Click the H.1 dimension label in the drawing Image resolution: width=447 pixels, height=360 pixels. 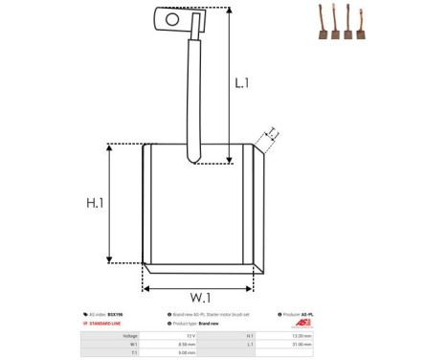(x=95, y=203)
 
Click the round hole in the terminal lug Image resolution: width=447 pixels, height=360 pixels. (x=172, y=17)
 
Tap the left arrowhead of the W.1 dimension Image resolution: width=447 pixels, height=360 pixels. (x=146, y=286)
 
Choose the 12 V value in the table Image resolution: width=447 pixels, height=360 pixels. (x=191, y=336)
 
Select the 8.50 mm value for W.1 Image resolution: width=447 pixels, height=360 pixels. (x=190, y=345)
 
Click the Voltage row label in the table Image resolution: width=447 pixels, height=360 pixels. (x=130, y=336)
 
